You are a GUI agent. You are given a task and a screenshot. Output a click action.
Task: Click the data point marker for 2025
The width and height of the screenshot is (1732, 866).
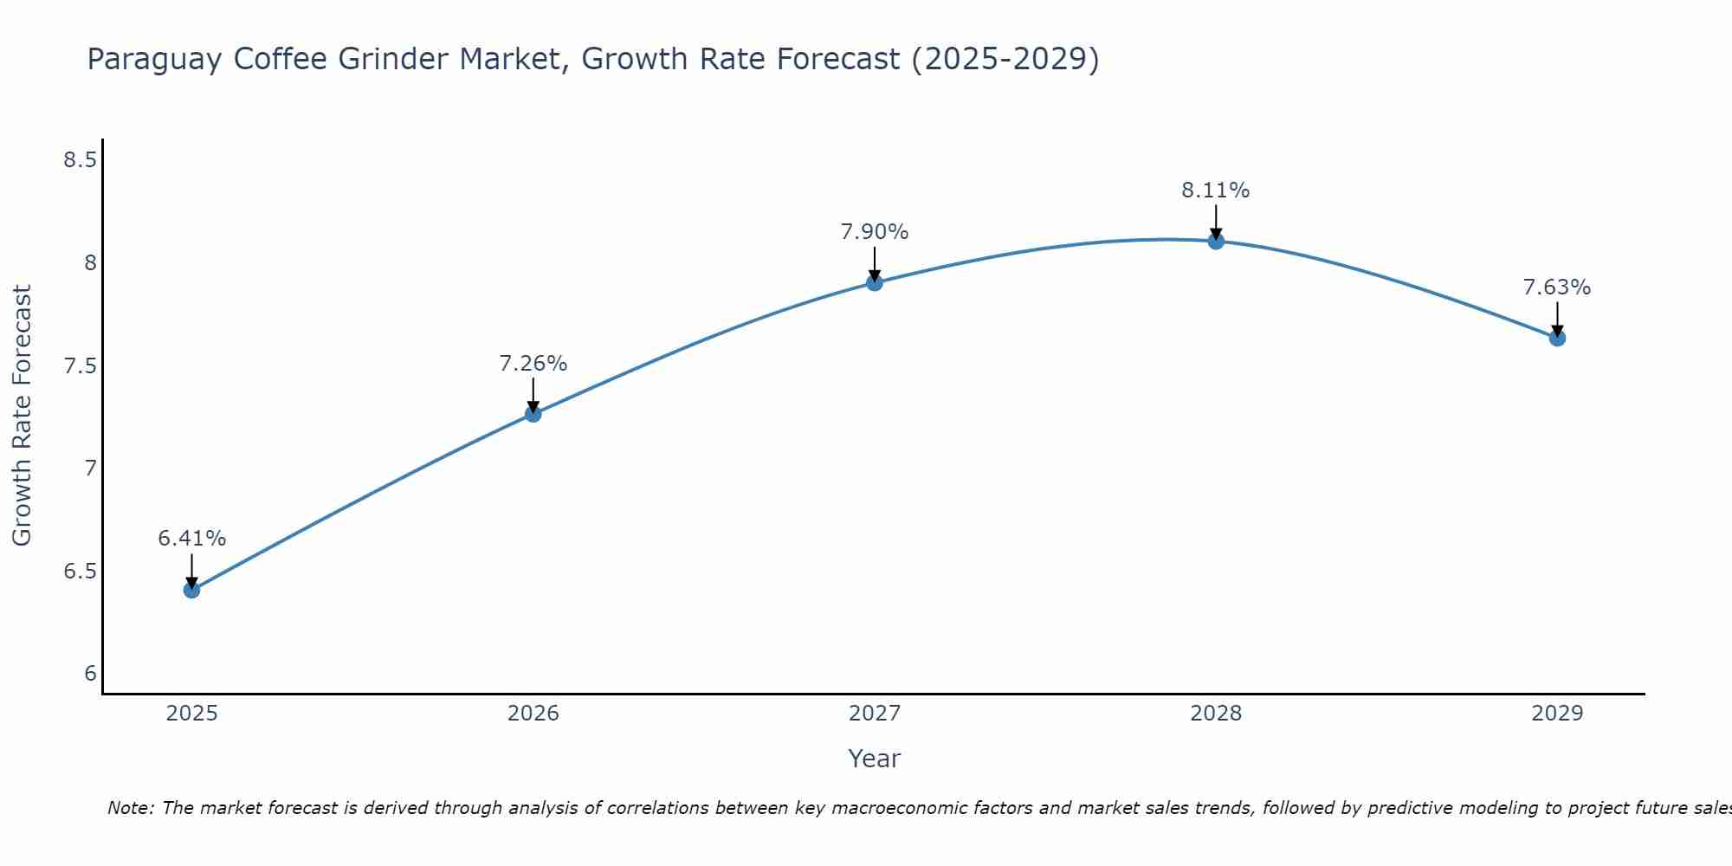coord(191,591)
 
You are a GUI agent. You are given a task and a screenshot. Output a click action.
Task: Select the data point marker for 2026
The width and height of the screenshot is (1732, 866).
coord(533,414)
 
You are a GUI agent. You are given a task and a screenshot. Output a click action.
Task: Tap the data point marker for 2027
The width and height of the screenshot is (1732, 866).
coord(875,282)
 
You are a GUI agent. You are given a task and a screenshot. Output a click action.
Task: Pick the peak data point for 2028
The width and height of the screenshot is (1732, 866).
coord(1216,241)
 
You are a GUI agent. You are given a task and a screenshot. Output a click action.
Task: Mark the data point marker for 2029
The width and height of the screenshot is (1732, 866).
coord(1557,338)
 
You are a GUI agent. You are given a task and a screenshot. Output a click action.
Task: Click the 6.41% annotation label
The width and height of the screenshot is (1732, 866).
coord(191,539)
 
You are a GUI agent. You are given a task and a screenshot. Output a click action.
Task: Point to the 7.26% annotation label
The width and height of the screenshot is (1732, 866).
coord(533,364)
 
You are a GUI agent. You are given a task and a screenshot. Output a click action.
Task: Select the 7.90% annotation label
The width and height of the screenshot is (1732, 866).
coord(875,232)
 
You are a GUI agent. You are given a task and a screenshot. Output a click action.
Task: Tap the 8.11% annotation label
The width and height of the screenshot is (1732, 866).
coord(1216,191)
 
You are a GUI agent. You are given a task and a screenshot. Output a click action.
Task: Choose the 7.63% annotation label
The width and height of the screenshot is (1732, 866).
coord(1557,288)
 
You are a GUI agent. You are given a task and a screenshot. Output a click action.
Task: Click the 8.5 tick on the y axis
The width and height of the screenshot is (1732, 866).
coord(80,160)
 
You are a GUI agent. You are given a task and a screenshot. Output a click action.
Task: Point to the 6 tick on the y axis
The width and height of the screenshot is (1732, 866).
coord(90,674)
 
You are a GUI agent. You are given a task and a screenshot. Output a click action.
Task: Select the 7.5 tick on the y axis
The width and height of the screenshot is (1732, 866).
coord(80,366)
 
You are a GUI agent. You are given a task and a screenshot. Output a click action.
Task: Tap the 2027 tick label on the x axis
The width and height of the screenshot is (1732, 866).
coord(875,714)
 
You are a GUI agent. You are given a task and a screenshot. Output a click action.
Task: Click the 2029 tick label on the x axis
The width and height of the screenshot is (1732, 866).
coord(1557,714)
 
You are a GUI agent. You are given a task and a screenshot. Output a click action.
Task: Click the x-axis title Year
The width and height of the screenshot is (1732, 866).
coord(875,759)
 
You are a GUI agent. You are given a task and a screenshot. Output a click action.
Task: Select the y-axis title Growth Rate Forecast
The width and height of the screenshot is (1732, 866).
coord(22,416)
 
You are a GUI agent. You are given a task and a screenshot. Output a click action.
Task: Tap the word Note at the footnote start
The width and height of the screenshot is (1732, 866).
coord(129,808)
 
